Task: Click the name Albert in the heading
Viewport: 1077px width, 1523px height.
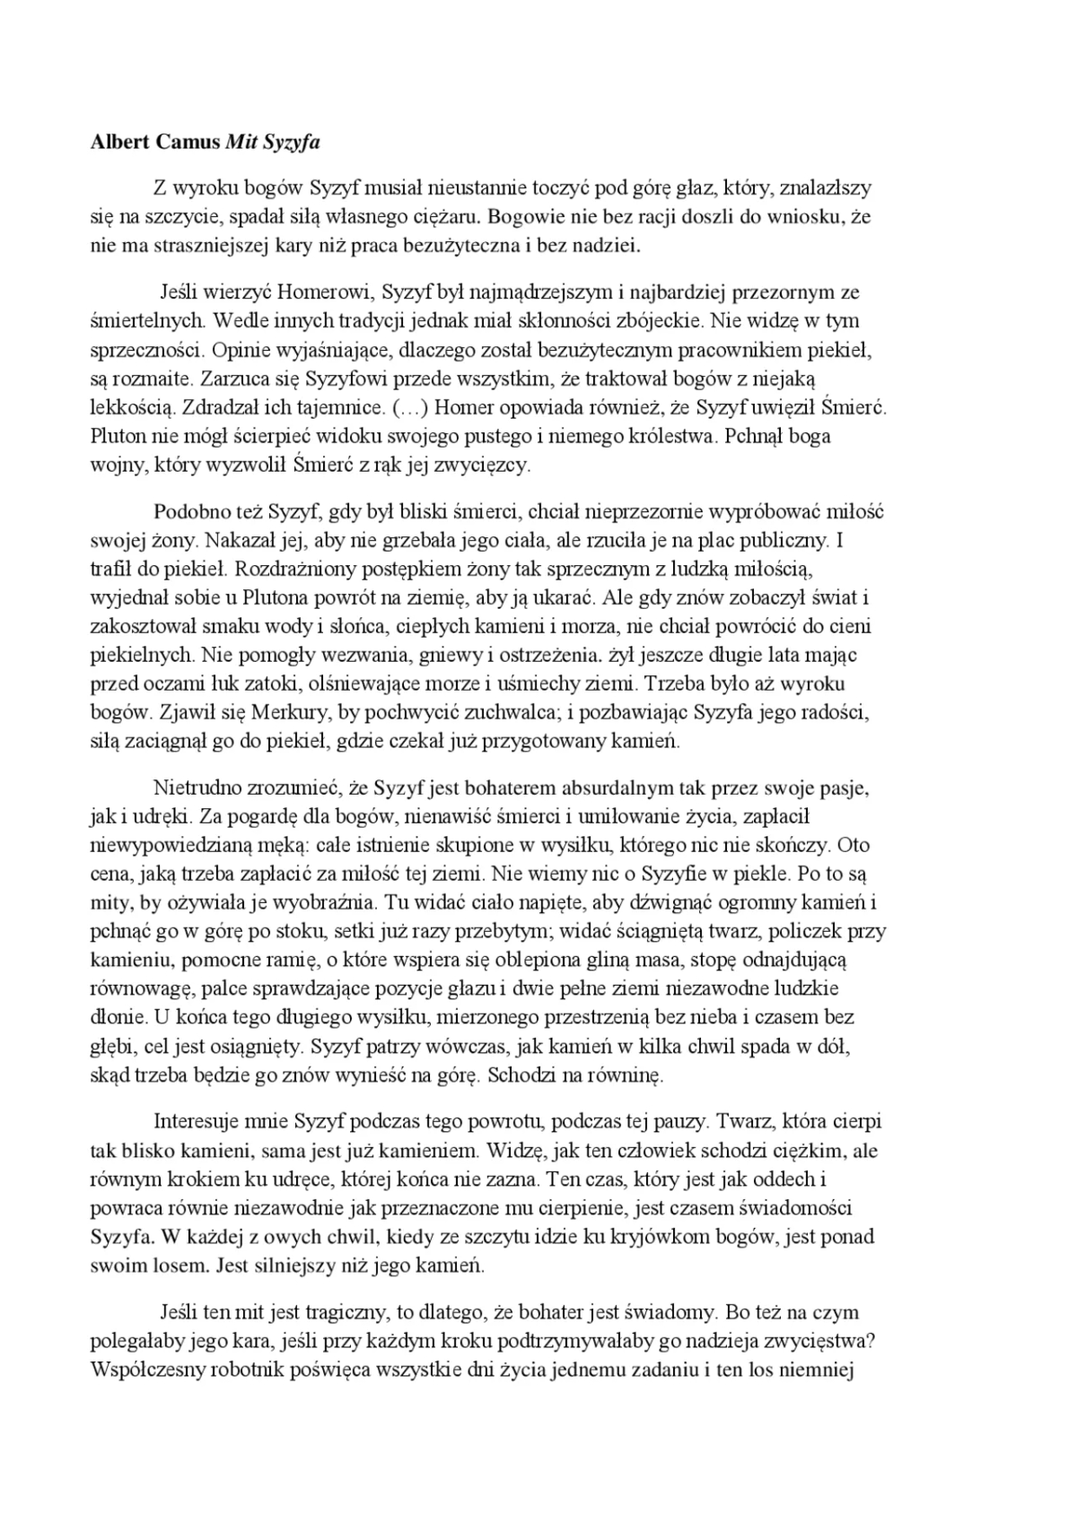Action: point(121,143)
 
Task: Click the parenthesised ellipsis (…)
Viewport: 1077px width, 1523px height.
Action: point(409,407)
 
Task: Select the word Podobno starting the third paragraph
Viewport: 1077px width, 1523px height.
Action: point(188,512)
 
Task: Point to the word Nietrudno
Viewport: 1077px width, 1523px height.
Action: point(197,788)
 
